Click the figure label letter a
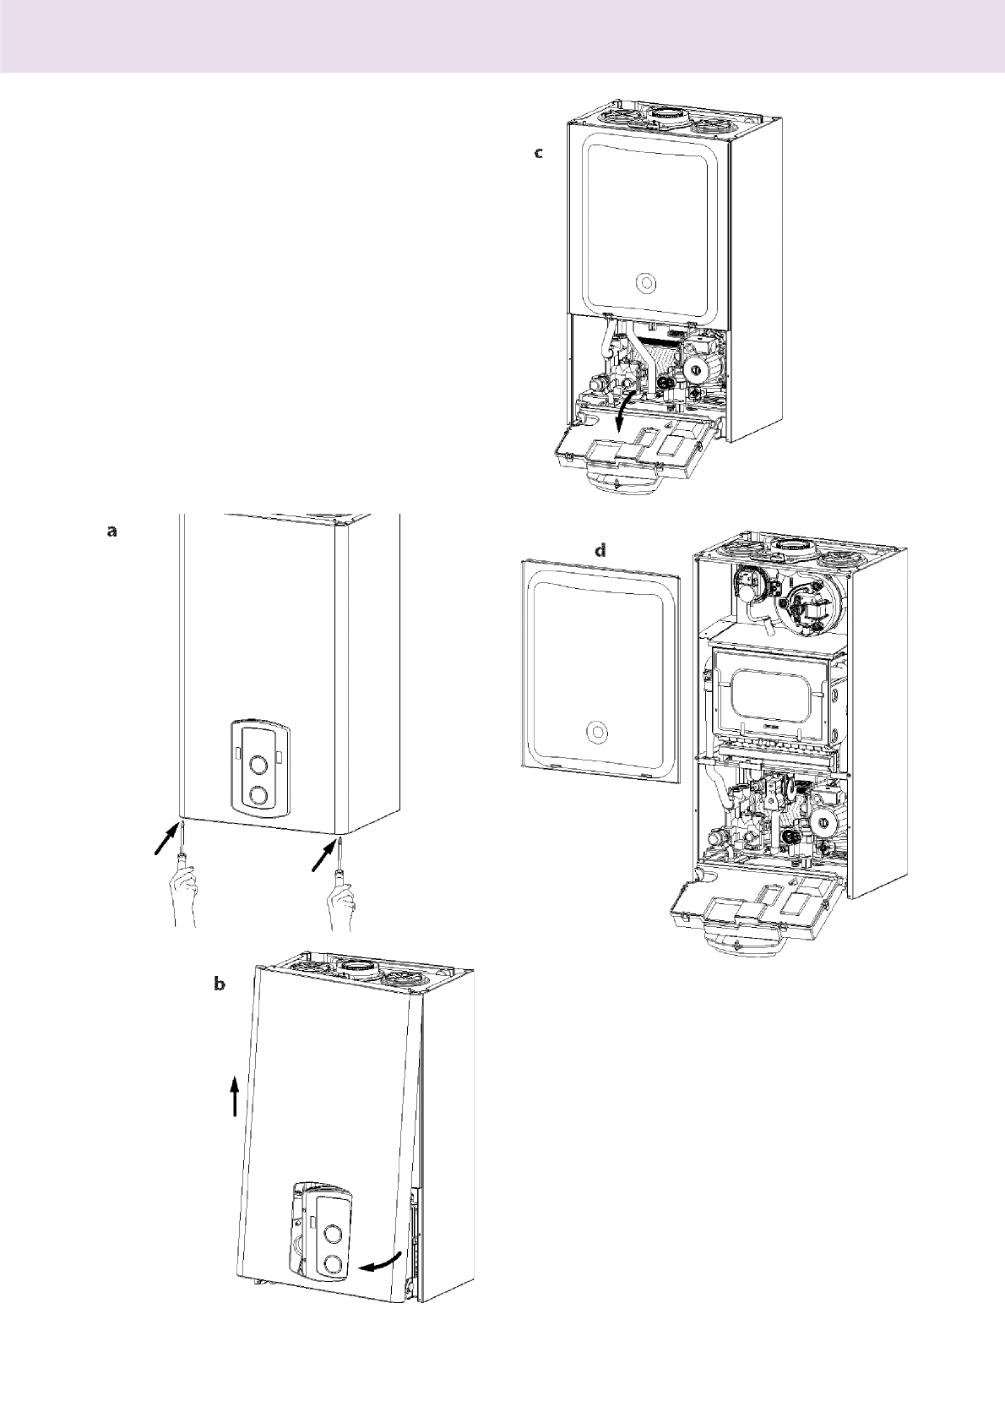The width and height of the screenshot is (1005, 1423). (112, 532)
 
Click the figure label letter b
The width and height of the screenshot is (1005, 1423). (220, 984)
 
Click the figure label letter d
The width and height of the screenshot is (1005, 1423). (600, 550)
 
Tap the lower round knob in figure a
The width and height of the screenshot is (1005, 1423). (260, 796)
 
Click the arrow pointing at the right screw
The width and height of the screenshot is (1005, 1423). (323, 854)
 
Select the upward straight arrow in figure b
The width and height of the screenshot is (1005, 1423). (236, 1096)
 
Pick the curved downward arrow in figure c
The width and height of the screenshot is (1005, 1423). (623, 413)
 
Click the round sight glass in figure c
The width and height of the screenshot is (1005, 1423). (644, 282)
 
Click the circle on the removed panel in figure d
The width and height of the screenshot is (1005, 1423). (597, 731)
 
